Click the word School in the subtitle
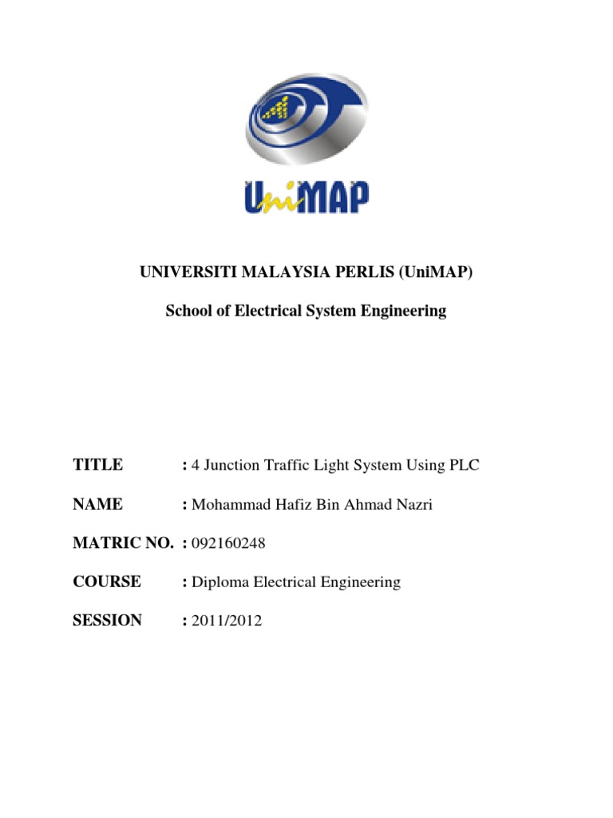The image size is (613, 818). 187,312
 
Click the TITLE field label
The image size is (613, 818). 97,464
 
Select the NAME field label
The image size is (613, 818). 97,504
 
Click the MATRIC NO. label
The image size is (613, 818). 123,543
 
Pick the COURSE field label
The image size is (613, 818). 107,582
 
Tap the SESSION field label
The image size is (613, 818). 107,621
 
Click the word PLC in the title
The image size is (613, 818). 465,464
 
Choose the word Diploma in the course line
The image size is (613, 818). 220,582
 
